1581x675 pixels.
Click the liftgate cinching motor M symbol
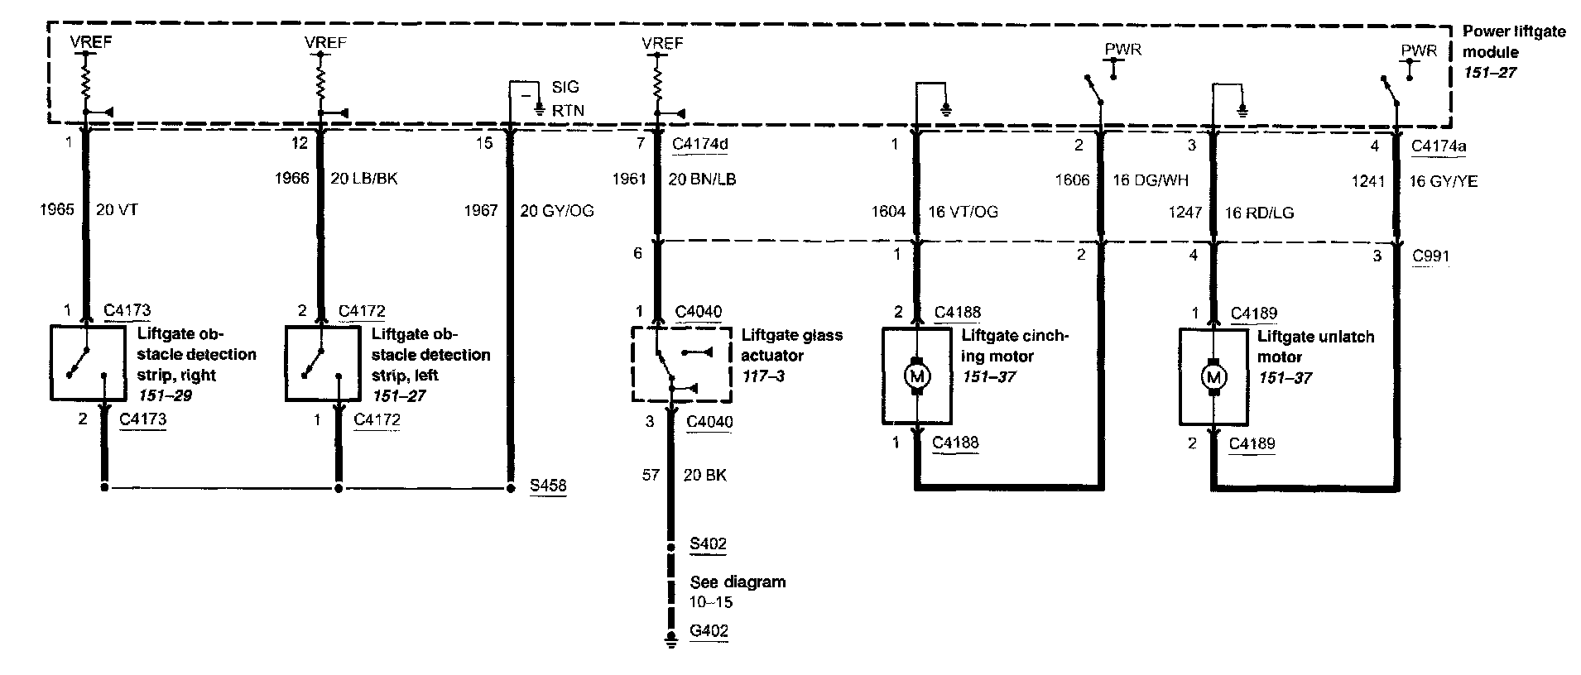pyautogui.click(x=916, y=376)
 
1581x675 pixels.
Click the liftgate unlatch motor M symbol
pyautogui.click(x=1213, y=377)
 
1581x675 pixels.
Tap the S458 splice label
pyautogui.click(x=548, y=485)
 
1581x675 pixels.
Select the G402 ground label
pyautogui.click(x=709, y=631)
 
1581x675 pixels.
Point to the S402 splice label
pyautogui.click(x=708, y=543)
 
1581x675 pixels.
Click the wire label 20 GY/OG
pyautogui.click(x=557, y=211)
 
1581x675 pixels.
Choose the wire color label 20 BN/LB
pyautogui.click(x=702, y=180)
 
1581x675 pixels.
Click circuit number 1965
pyautogui.click(x=56, y=210)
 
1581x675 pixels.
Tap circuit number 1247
pyautogui.click(x=1185, y=213)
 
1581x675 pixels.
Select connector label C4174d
pyautogui.click(x=700, y=145)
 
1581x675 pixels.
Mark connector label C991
pyautogui.click(x=1430, y=256)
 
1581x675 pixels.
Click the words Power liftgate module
pyautogui.click(x=1514, y=41)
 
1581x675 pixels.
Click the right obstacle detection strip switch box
pyautogui.click(x=86, y=362)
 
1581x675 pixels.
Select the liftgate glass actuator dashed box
pyautogui.click(x=681, y=364)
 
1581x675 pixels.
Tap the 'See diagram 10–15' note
pyautogui.click(x=737, y=591)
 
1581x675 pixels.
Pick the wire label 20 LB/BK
pyautogui.click(x=364, y=179)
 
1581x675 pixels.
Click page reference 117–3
pyautogui.click(x=763, y=376)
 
